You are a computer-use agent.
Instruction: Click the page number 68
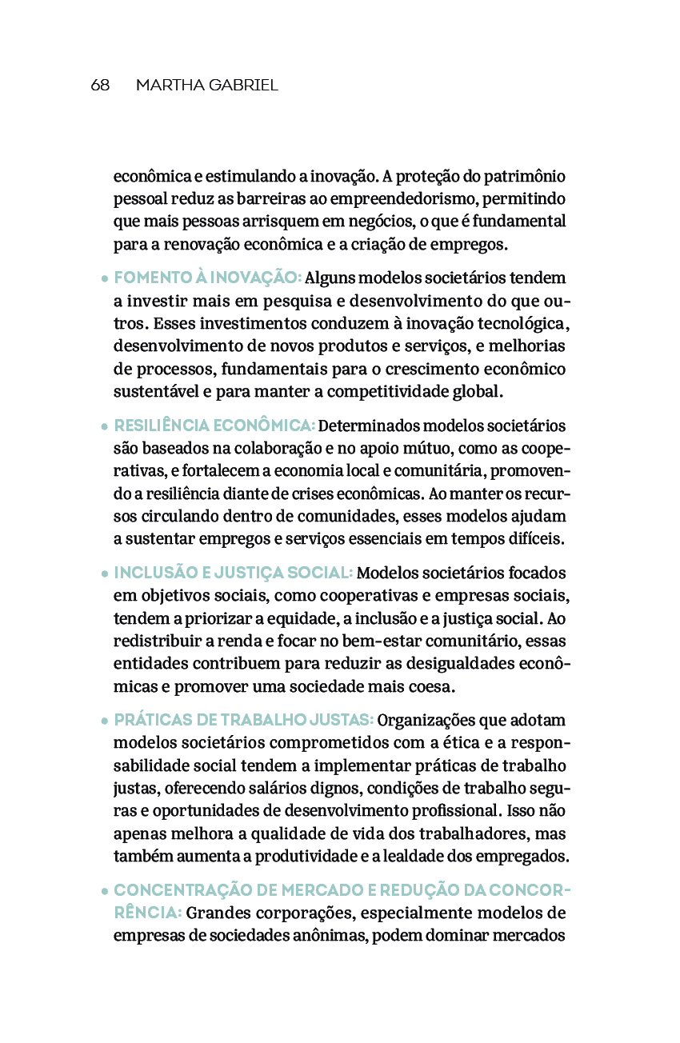(x=100, y=86)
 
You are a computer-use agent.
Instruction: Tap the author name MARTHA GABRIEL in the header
(x=206, y=86)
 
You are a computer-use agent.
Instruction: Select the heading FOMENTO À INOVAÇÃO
(x=207, y=278)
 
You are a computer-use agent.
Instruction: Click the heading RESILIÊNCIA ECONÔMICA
(x=214, y=426)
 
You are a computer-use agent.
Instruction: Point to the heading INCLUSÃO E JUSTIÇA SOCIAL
(x=233, y=573)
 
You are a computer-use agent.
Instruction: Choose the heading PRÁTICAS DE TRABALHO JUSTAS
(x=244, y=721)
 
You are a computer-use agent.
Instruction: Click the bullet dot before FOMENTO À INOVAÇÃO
(x=106, y=280)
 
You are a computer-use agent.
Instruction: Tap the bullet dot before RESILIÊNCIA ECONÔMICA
(x=106, y=427)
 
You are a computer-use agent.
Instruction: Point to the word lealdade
(x=411, y=857)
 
